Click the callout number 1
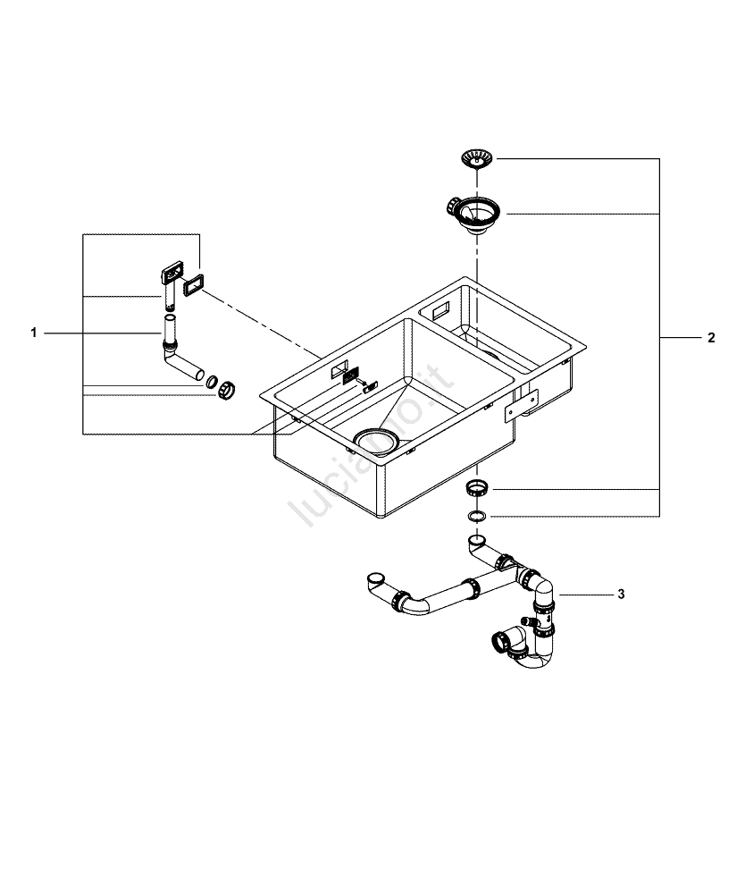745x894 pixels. [x=33, y=333]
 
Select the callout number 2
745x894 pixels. [x=710, y=338]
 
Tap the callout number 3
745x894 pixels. [x=621, y=594]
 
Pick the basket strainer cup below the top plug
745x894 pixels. [x=473, y=214]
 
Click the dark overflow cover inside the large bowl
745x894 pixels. [x=350, y=375]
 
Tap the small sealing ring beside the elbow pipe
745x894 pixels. [x=212, y=382]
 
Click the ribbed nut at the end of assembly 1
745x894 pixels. [x=228, y=388]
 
